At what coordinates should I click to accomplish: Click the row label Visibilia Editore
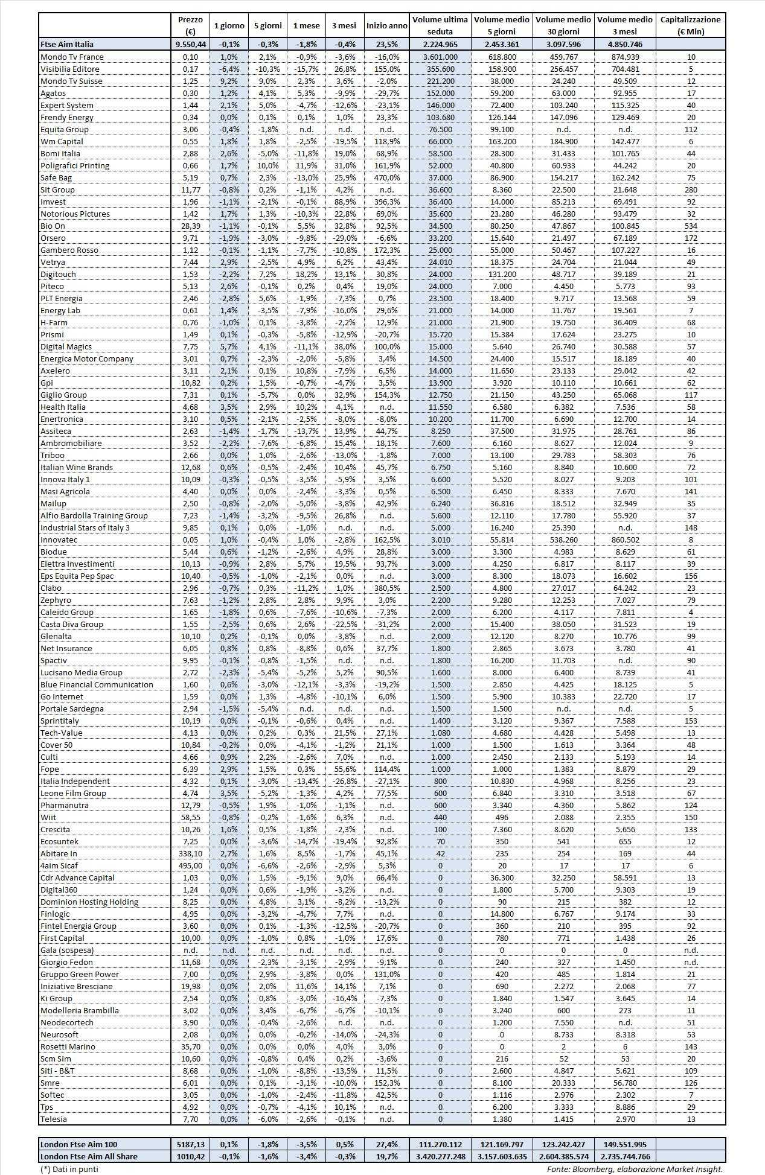click(x=69, y=69)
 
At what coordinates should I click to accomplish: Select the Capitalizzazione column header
click(x=690, y=25)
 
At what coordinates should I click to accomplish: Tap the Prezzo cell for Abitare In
click(x=190, y=853)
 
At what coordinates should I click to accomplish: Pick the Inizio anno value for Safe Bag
click(x=386, y=177)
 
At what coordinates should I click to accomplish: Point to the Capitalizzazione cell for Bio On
click(x=691, y=226)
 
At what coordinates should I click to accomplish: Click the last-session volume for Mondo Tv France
click(x=440, y=57)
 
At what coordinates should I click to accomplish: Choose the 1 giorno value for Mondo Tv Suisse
click(x=229, y=81)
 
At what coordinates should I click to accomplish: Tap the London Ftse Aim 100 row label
click(x=78, y=1144)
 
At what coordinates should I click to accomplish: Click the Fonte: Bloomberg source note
click(x=635, y=1168)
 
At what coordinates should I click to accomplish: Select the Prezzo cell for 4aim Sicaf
click(x=190, y=865)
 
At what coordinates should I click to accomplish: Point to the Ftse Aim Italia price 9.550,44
click(x=190, y=44)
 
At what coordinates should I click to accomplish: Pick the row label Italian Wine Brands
click(x=76, y=467)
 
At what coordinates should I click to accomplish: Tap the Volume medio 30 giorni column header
click(x=564, y=25)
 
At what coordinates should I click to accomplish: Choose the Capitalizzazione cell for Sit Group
click(x=691, y=189)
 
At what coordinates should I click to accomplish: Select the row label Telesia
click(x=54, y=1119)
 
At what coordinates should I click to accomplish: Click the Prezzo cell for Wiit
click(x=190, y=817)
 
